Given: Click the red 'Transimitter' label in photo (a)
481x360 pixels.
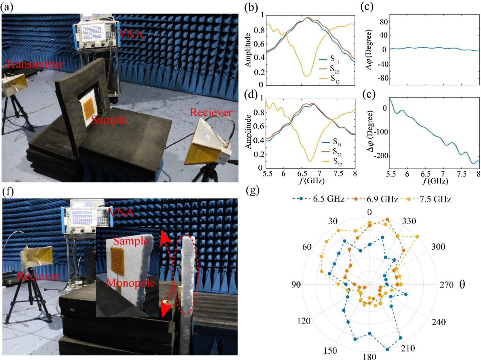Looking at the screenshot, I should point(34,64).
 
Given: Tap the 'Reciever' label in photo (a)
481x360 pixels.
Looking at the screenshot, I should point(211,112).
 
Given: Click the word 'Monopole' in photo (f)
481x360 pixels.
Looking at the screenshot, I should point(131,283).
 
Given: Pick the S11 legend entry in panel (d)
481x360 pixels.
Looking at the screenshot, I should point(337,142).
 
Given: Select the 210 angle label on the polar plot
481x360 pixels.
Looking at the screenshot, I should point(408,348).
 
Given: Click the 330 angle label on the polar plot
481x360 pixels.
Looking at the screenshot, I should point(409,221).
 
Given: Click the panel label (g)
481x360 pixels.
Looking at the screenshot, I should point(253,190).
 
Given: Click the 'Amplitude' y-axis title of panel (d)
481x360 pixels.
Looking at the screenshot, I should point(248,132).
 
